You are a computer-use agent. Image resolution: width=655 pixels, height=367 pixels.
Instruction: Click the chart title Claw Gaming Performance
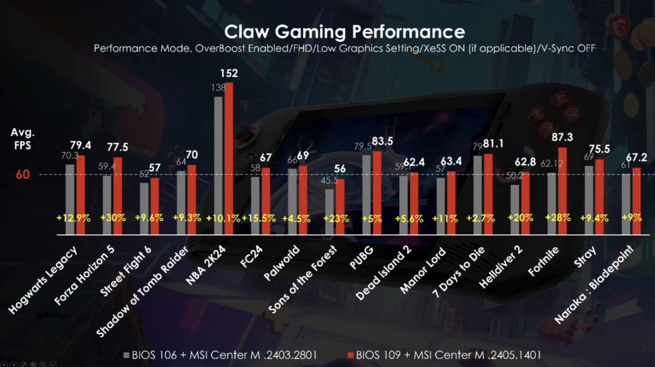tap(345, 32)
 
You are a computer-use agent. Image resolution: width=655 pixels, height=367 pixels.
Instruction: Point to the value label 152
tap(229, 73)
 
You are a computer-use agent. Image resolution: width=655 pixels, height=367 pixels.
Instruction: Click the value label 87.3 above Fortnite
tap(562, 137)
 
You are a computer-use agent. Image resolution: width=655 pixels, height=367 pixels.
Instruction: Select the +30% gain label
tap(113, 218)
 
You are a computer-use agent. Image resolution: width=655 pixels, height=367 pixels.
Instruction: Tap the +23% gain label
tap(336, 219)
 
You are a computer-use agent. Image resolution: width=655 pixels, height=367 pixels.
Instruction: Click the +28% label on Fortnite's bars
tap(558, 218)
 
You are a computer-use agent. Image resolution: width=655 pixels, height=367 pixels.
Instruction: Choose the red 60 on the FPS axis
tap(23, 175)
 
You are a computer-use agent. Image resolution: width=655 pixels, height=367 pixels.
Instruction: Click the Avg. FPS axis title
tap(23, 139)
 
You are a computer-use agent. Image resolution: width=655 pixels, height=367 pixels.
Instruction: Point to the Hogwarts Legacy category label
tap(43, 280)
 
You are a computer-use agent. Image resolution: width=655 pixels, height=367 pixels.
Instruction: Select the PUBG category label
tap(361, 258)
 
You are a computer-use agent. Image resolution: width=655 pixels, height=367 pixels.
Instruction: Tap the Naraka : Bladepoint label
tap(594, 285)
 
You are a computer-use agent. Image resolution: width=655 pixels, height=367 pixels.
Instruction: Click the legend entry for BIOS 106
tap(220, 355)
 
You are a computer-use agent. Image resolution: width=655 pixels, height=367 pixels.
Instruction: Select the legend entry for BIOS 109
tap(444, 355)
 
